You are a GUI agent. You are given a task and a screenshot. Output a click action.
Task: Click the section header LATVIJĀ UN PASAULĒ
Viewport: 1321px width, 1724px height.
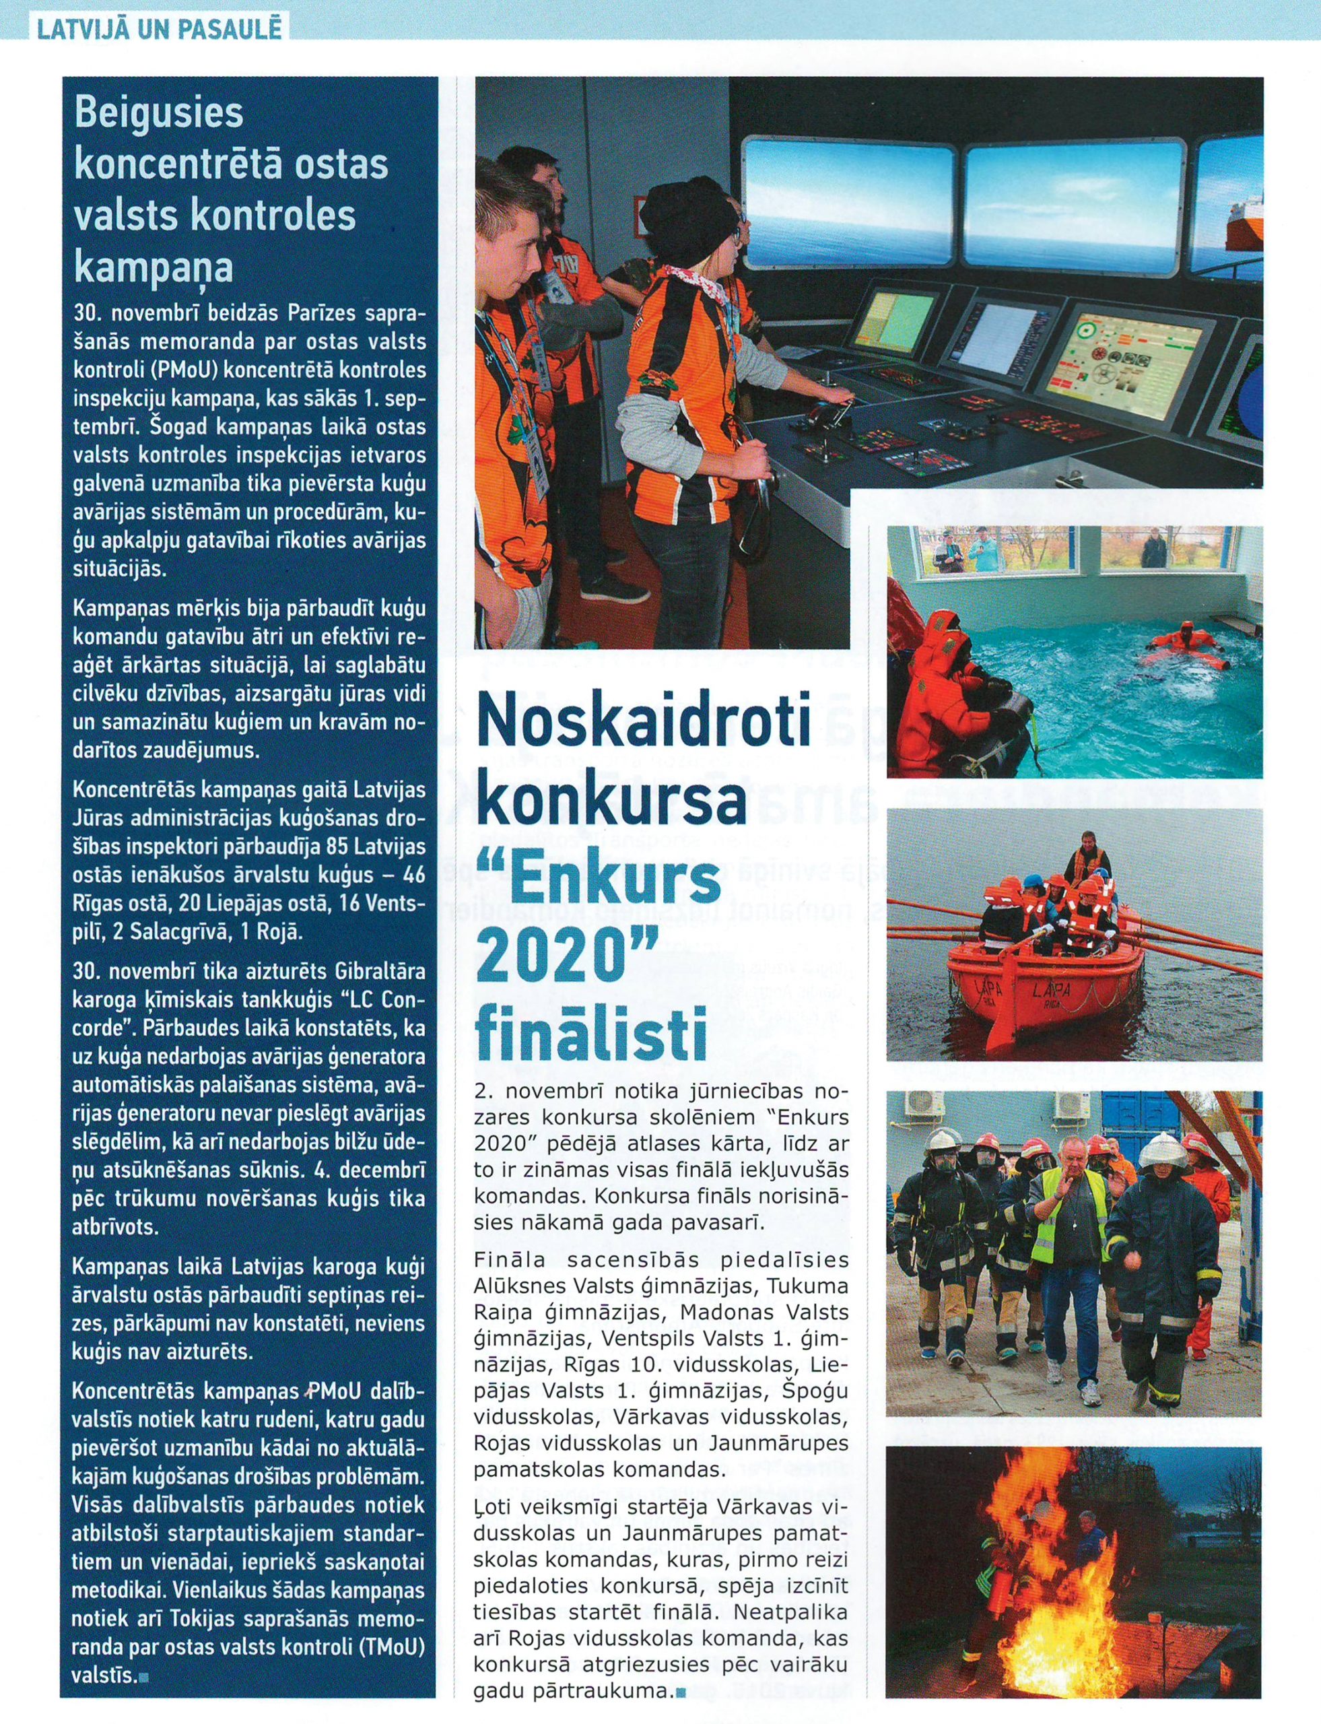158,28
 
